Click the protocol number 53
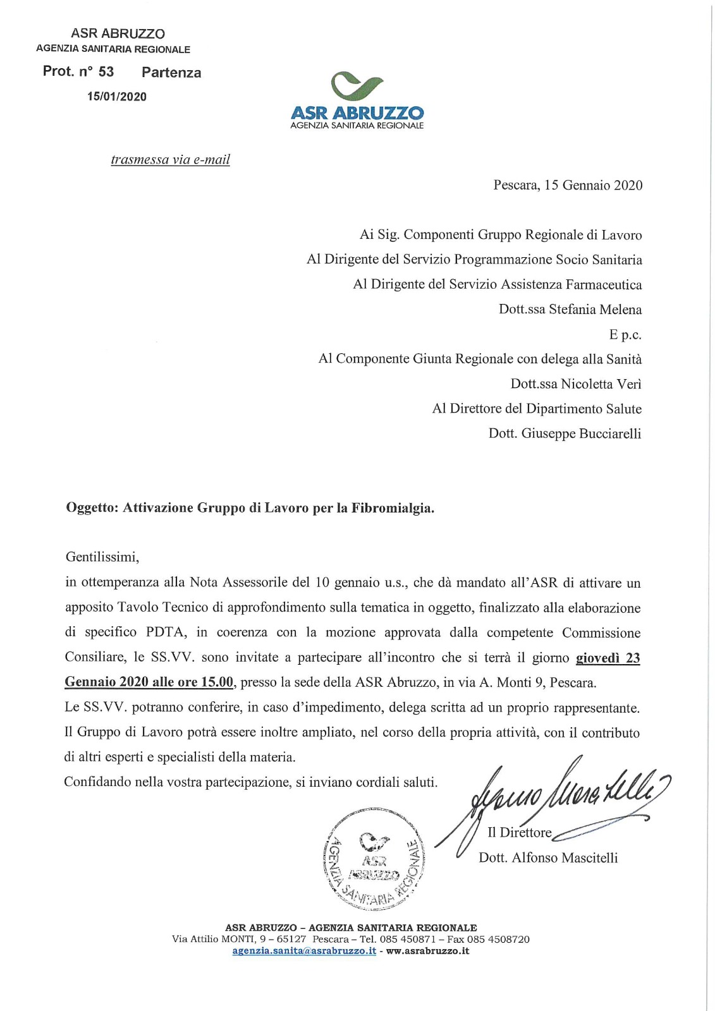106,71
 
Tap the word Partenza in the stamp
171,73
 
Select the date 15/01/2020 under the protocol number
117,97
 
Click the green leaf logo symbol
357,87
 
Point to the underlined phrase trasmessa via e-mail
170,159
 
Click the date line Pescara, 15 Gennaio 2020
568,185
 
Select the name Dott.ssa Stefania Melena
570,310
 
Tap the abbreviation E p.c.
625,334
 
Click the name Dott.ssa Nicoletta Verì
576,384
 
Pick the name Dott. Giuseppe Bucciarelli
565,433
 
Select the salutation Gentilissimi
102,557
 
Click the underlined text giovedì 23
608,658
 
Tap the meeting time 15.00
217,682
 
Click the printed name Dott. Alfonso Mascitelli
548,857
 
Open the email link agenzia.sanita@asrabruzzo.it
304,951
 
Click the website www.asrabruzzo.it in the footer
427,951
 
